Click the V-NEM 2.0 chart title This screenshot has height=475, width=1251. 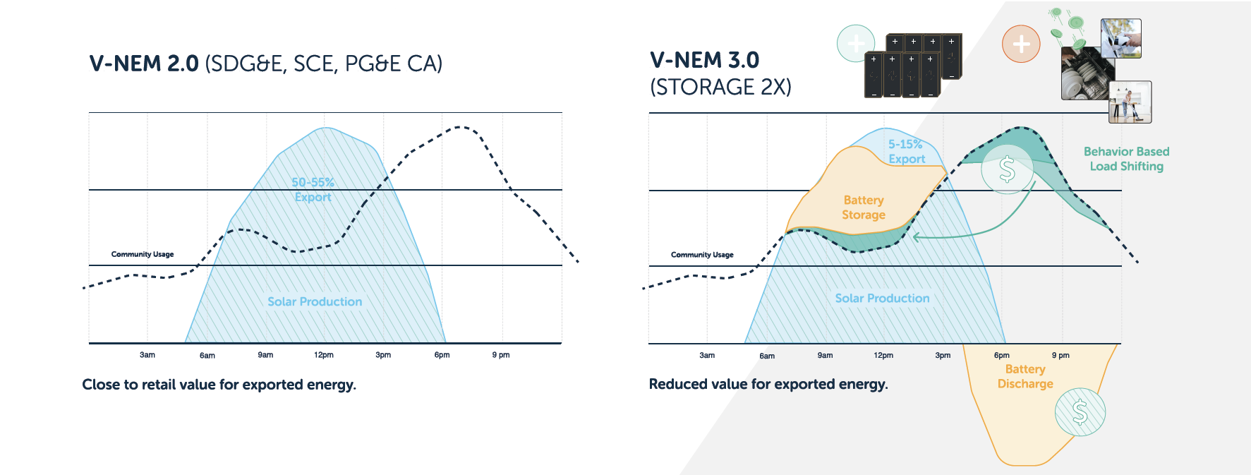point(265,64)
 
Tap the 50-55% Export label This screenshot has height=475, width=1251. point(313,189)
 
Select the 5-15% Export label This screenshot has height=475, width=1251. point(906,152)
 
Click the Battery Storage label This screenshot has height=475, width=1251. point(864,208)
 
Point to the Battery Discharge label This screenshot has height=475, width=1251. point(1025,376)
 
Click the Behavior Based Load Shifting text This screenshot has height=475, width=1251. point(1126,159)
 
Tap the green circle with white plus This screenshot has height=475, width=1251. point(856,43)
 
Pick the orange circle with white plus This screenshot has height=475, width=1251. point(1021,44)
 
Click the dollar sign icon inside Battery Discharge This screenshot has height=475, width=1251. point(1080,412)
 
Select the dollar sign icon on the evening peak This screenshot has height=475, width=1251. point(1007,169)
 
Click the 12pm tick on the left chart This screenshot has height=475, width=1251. point(324,355)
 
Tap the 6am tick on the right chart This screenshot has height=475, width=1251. point(767,356)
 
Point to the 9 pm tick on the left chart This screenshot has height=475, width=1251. point(501,355)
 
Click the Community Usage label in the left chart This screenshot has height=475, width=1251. point(143,254)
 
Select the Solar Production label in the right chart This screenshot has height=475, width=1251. point(882,299)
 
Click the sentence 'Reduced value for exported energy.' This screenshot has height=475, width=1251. point(768,384)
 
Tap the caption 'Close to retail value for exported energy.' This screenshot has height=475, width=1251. point(219,385)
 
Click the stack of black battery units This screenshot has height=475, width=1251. point(913,66)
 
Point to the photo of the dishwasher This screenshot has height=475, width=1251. point(1087,74)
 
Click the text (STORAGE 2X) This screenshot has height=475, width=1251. point(720,87)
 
